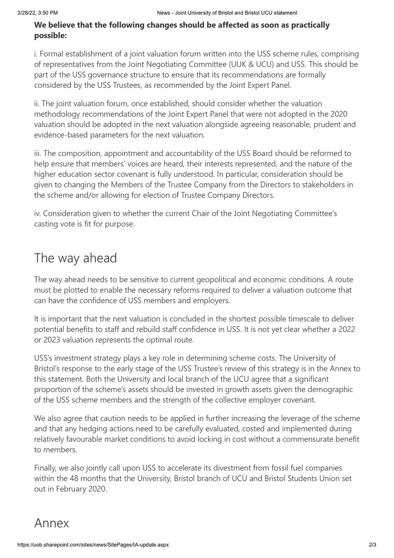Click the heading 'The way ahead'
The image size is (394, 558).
tap(76, 259)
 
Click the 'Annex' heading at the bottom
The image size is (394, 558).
tap(52, 523)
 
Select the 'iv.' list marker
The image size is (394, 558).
tap(38, 214)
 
